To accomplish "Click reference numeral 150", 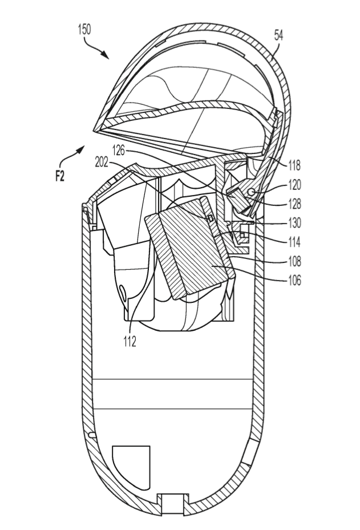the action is pos(84,30).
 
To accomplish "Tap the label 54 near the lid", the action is pos(278,35).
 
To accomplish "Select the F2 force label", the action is pos(60,176).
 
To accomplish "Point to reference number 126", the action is pos(119,151).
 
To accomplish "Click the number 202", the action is pos(102,163).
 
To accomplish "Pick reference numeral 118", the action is pos(294,165).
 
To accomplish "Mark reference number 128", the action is pos(294,204).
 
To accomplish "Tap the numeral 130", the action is pos(294,222).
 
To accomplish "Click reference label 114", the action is pos(294,242).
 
